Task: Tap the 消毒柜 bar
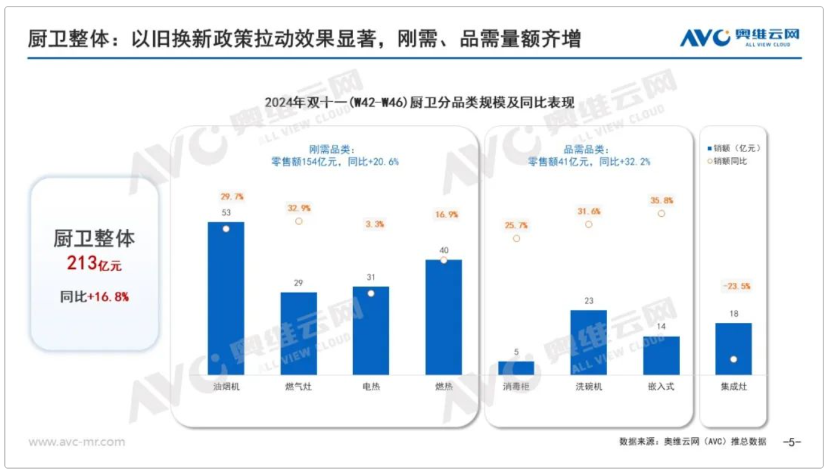coord(516,368)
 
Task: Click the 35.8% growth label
coord(661,200)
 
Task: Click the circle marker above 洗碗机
coord(588,225)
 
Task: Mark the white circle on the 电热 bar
coord(370,293)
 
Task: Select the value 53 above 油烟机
coord(226,213)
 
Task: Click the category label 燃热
coord(444,386)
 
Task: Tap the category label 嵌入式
coord(661,386)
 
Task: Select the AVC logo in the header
coord(739,38)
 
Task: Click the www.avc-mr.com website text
coord(77,442)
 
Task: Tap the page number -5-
coord(792,442)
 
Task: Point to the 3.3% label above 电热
coord(371,224)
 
